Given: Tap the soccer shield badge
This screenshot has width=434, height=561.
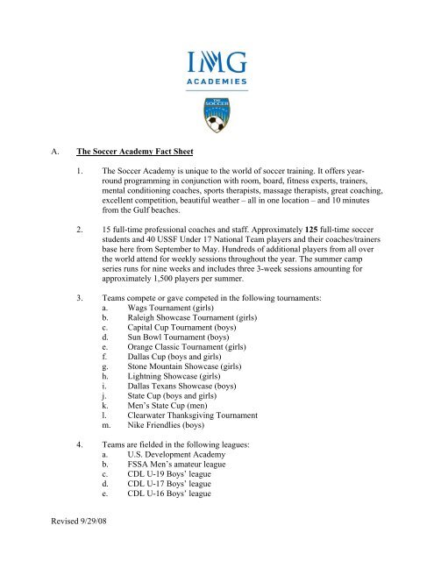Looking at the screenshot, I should point(216,113).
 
